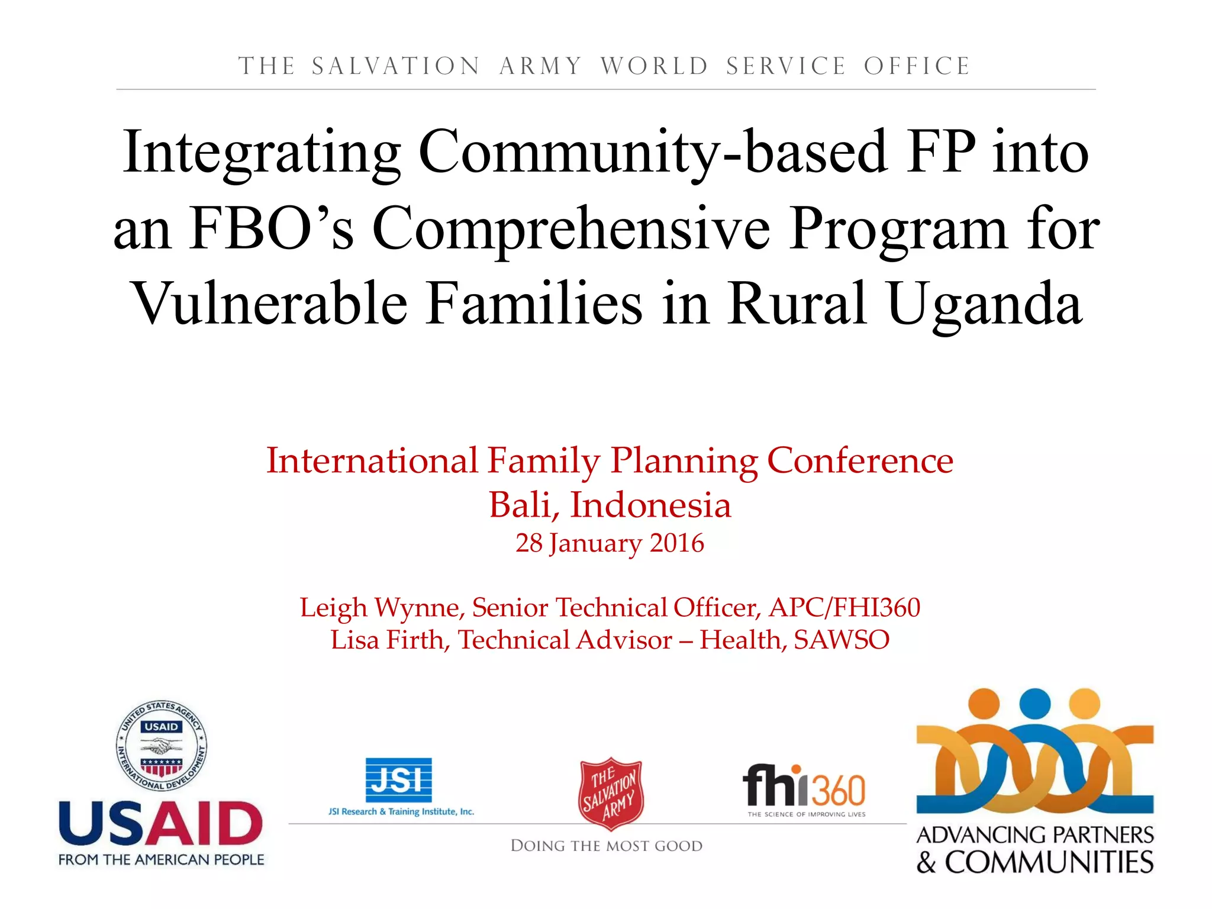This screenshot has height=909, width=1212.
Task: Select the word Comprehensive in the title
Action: click(571, 230)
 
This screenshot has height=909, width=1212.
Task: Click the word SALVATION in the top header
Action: click(396, 66)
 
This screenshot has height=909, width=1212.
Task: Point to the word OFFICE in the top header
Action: click(917, 66)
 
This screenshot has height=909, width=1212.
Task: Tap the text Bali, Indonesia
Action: click(610, 505)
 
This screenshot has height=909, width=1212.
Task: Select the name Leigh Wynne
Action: click(379, 608)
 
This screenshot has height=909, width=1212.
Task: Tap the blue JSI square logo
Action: click(398, 780)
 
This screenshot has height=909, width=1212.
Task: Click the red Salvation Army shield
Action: click(611, 793)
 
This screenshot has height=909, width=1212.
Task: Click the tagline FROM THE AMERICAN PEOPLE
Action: click(161, 860)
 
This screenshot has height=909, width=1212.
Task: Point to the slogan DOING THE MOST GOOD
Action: click(607, 846)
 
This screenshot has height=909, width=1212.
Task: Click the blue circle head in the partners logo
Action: click(1035, 704)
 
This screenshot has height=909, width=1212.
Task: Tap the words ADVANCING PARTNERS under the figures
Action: click(1035, 835)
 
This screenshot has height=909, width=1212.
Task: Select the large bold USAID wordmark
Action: click(161, 824)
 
